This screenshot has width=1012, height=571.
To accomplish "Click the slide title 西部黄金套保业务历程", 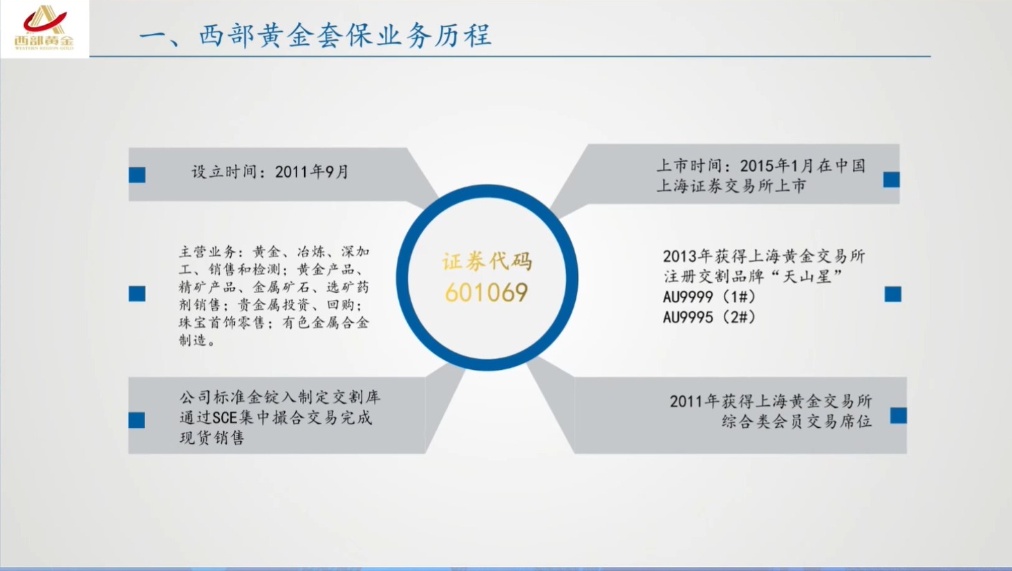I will click(315, 35).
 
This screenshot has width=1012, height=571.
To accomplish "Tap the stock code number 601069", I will click(487, 292).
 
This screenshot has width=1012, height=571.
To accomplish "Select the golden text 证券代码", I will click(487, 261).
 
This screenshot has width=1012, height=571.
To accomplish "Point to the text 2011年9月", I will click(312, 171).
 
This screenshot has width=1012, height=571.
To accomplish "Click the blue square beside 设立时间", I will click(137, 175).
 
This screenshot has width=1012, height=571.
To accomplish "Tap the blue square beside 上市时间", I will click(891, 180).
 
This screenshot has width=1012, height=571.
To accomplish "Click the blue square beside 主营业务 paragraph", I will click(137, 294).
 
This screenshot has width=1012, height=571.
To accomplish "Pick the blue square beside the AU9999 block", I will click(892, 294).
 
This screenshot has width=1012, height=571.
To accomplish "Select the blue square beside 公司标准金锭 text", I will click(137, 420).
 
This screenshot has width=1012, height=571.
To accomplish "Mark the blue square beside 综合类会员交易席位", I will click(898, 415).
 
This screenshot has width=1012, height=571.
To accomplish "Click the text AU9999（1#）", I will click(709, 297).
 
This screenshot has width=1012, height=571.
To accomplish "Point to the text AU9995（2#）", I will click(709, 317).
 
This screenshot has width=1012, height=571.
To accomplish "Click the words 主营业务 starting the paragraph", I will click(207, 252).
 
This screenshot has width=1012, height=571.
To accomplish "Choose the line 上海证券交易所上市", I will click(731, 186).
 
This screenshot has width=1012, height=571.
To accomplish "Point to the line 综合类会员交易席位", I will click(796, 421).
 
